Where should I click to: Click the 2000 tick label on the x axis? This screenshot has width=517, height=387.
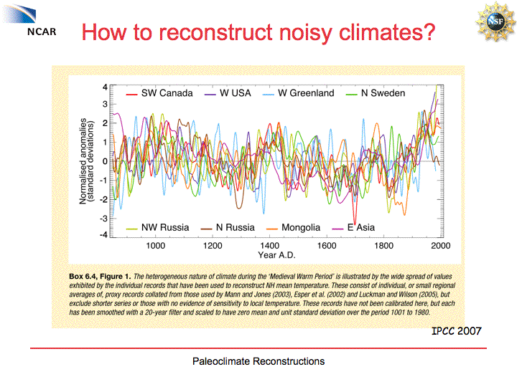tap(440, 246)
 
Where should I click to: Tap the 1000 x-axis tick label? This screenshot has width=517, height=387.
tap(156, 246)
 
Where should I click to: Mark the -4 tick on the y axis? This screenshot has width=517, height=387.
tap(103, 234)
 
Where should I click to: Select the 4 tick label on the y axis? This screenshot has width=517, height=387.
tap(105, 87)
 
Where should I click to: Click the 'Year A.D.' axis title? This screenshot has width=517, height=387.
tap(277, 255)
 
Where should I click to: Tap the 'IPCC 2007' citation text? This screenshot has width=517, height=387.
tap(456, 331)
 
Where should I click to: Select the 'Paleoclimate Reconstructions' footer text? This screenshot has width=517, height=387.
tap(258, 361)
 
